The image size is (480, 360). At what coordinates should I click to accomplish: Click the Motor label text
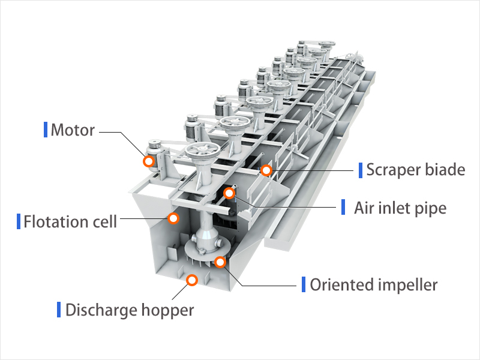73,130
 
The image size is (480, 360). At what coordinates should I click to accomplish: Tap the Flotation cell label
70,221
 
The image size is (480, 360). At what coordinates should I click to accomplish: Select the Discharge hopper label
130,310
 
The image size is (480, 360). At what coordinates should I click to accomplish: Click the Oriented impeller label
373,284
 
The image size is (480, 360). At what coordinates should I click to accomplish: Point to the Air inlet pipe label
400,208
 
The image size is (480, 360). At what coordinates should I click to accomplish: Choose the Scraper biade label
415,170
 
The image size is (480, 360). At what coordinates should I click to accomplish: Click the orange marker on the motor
148,161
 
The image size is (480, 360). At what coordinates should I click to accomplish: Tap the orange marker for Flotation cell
173,218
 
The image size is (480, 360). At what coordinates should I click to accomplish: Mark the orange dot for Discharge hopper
192,280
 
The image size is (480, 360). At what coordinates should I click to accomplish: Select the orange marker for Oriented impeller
221,262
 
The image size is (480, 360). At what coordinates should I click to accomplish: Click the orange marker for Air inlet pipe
229,193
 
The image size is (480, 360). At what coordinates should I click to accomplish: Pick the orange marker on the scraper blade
266,171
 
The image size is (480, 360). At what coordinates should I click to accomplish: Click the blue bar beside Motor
46,129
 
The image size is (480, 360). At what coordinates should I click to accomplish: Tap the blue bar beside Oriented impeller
304,284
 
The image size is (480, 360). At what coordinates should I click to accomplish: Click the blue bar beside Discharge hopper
59,310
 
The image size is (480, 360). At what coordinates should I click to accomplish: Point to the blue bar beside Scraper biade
360,170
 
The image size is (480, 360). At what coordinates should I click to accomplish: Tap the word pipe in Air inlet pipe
433,209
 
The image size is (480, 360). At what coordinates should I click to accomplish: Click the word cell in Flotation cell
104,221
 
